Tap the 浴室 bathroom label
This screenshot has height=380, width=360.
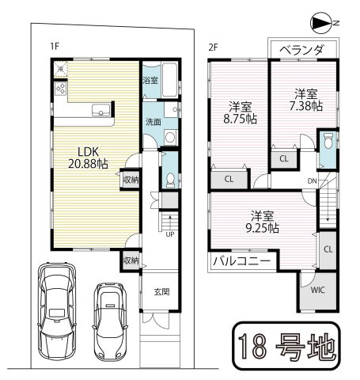click(x=149, y=81)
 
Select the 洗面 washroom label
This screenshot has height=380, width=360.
click(x=153, y=122)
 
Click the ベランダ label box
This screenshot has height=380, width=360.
click(x=301, y=49)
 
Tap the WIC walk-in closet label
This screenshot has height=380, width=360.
click(x=316, y=291)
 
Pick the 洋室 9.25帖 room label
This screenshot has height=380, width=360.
click(x=261, y=221)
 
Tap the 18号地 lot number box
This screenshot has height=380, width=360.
click(x=286, y=346)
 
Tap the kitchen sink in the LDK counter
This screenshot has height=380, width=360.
click(x=100, y=111)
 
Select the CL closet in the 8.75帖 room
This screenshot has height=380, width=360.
click(x=228, y=179)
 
